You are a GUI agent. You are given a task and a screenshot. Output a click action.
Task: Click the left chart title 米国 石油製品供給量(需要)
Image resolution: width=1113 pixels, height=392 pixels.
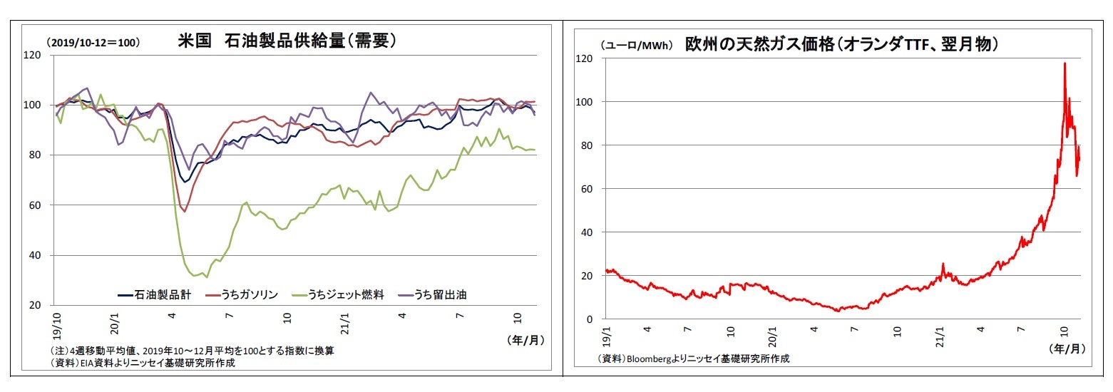(x=287, y=41)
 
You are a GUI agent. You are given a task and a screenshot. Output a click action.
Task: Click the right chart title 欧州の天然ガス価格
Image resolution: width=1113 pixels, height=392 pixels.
(x=841, y=43)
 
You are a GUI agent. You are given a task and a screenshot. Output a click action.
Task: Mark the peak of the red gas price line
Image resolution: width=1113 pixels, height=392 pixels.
(x=1065, y=63)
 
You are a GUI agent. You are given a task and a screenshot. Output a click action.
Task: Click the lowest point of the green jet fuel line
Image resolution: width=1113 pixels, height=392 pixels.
(x=207, y=277)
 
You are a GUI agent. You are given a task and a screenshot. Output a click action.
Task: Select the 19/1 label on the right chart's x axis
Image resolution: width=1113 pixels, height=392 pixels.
(x=606, y=336)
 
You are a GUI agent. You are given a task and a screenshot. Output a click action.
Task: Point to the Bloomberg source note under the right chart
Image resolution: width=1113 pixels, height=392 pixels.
(x=693, y=359)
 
